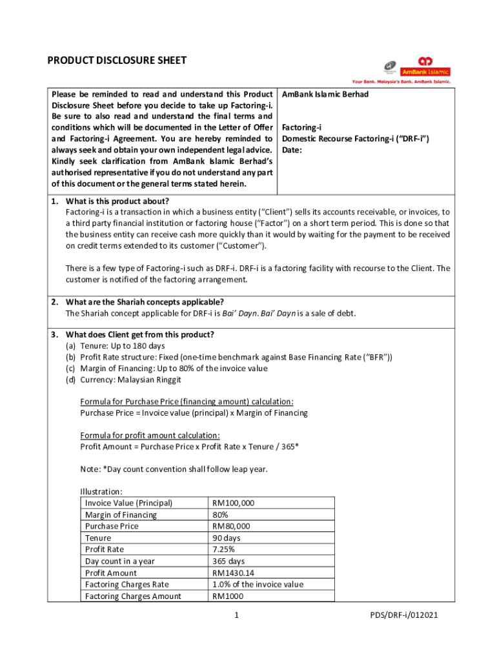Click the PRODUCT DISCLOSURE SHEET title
[x=117, y=61]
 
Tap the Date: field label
[x=293, y=150]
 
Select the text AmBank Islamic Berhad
[x=325, y=94]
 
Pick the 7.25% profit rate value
[x=223, y=549]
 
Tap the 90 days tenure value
[x=226, y=538]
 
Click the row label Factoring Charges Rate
[x=127, y=584]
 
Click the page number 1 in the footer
[x=238, y=616]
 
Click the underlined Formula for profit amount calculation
[x=150, y=435]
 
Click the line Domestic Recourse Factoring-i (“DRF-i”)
[x=356, y=139]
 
